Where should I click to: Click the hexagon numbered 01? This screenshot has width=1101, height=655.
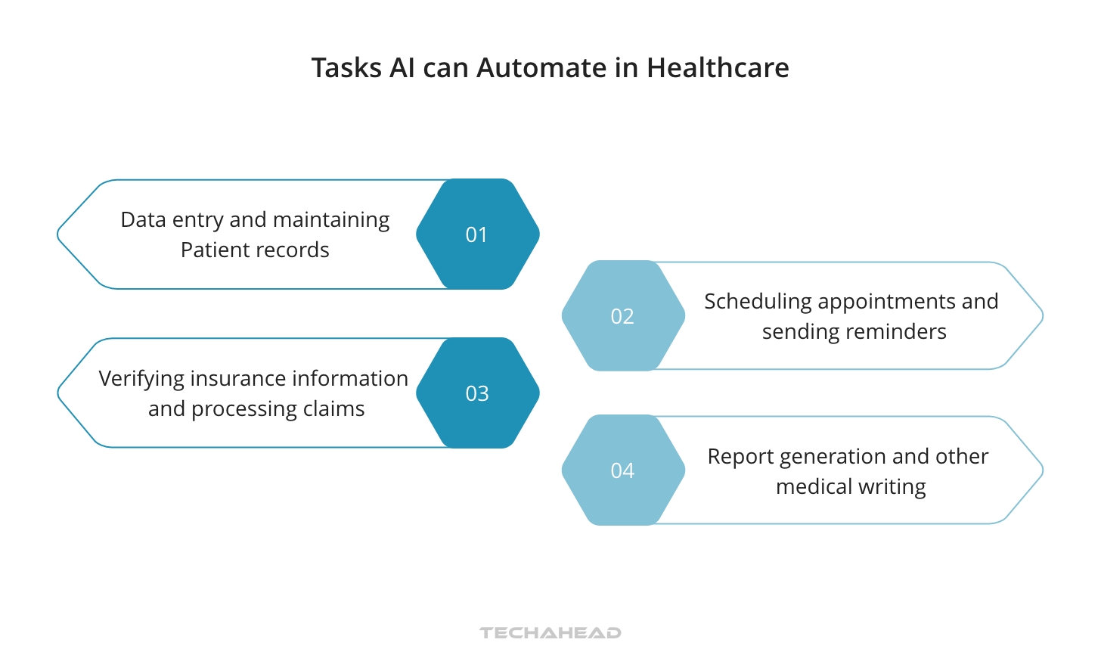pos(477,234)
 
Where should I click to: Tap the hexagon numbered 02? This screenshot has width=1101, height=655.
pos(623,316)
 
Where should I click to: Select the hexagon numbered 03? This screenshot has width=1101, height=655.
pos(477,393)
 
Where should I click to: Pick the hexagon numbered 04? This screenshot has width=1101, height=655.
pos(623,470)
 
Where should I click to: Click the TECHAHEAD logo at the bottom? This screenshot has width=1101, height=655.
pos(550,633)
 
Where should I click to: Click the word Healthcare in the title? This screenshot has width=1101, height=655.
pos(718,68)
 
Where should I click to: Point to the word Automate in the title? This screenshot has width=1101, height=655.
pos(541,68)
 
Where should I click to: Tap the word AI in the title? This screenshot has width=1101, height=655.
pos(402,68)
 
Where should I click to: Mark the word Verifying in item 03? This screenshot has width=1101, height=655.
pos(142,379)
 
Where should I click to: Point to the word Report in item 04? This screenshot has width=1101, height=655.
pos(740,457)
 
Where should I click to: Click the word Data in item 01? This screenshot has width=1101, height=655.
pos(144,220)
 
